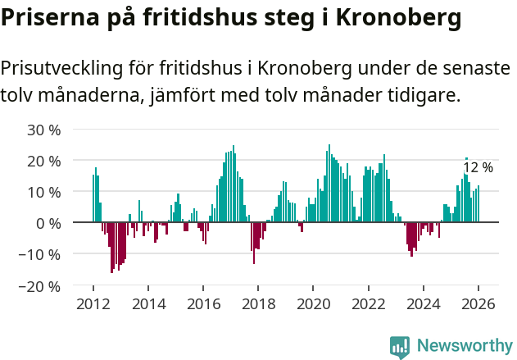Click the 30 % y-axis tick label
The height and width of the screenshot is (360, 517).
point(44,130)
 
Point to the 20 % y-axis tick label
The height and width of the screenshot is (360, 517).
point(44,161)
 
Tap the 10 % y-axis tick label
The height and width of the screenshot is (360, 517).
point(44,192)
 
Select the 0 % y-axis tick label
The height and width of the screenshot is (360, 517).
point(48,223)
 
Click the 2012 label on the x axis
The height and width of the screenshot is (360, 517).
point(93,303)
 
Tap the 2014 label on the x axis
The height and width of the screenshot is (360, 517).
point(148,303)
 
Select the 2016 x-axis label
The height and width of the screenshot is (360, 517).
point(203,303)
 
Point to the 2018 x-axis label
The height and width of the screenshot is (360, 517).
point(258,303)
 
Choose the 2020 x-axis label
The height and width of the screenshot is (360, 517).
point(313,303)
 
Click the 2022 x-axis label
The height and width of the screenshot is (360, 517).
point(369,303)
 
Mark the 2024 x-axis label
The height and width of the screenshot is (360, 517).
point(424,303)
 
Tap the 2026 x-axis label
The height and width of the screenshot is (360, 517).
point(478,303)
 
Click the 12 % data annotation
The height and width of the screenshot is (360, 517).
point(478,167)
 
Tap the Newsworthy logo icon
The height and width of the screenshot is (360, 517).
point(400,346)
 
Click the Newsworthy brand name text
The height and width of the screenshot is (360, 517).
point(465,346)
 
